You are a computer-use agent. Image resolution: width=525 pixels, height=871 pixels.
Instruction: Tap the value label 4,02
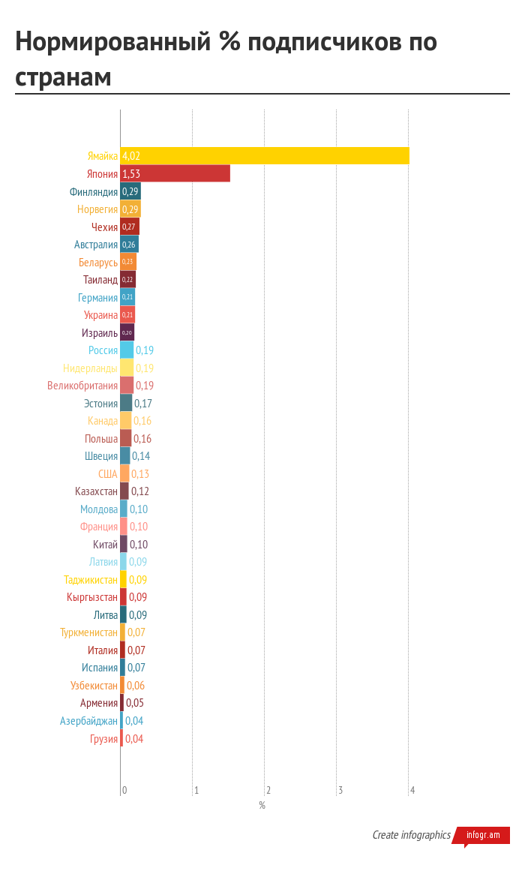[x=131, y=156]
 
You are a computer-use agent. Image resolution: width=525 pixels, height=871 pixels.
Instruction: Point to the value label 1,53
[x=131, y=174]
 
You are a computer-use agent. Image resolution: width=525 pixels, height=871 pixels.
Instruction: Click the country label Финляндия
[x=94, y=192]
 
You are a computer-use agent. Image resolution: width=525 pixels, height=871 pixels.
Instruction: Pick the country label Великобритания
[x=82, y=386]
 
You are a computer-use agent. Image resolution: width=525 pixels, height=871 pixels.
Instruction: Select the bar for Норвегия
[x=130, y=209]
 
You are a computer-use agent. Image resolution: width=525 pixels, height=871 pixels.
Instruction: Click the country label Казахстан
[x=96, y=491]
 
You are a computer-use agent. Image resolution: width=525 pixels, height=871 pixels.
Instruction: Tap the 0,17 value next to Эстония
[x=142, y=404]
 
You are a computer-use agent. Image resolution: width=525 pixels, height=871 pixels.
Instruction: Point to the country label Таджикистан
[x=91, y=580]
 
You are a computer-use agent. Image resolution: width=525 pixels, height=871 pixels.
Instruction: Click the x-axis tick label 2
[x=268, y=790]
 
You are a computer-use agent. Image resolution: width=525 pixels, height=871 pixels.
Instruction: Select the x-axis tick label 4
[x=412, y=790]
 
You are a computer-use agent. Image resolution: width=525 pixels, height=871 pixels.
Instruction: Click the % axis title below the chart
[x=262, y=806]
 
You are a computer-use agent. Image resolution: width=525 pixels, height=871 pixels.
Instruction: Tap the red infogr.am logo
[x=482, y=835]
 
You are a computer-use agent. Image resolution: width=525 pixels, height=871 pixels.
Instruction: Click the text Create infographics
[x=412, y=835]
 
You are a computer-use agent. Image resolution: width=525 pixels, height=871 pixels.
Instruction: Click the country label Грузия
[x=103, y=739]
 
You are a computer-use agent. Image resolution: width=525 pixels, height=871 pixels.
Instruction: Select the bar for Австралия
[x=129, y=245]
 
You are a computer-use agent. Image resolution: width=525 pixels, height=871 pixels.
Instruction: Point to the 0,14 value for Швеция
[x=141, y=456]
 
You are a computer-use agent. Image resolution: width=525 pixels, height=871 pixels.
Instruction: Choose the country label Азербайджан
[x=89, y=721]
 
